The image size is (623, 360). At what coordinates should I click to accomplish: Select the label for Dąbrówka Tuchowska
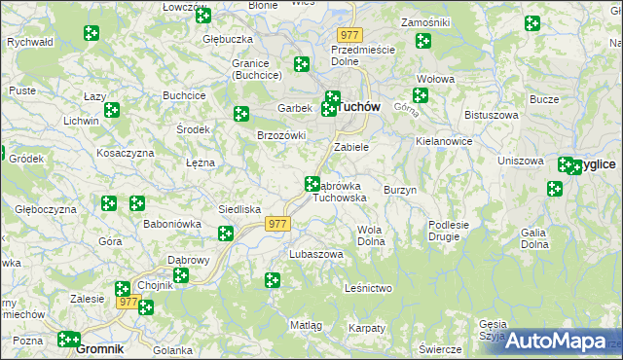pyautogui.click(x=340, y=191)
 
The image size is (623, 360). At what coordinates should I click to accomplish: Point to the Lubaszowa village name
pyautogui.click(x=316, y=254)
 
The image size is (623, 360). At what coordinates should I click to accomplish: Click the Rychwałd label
pyautogui.click(x=28, y=43)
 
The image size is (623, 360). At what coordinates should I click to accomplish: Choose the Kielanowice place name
pyautogui.click(x=443, y=141)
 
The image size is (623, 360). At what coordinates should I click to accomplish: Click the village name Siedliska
pyautogui.click(x=238, y=209)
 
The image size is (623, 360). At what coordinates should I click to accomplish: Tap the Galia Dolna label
pyautogui.click(x=532, y=238)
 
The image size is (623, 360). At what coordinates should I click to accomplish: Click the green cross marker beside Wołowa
pyautogui.click(x=420, y=95)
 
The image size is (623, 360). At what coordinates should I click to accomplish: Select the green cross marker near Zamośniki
pyautogui.click(x=422, y=41)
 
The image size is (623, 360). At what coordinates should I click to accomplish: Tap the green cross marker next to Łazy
pyautogui.click(x=112, y=110)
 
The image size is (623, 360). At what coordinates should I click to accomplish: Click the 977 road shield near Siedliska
pyautogui.click(x=277, y=224)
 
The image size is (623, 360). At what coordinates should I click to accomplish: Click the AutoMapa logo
pyautogui.click(x=555, y=341)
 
